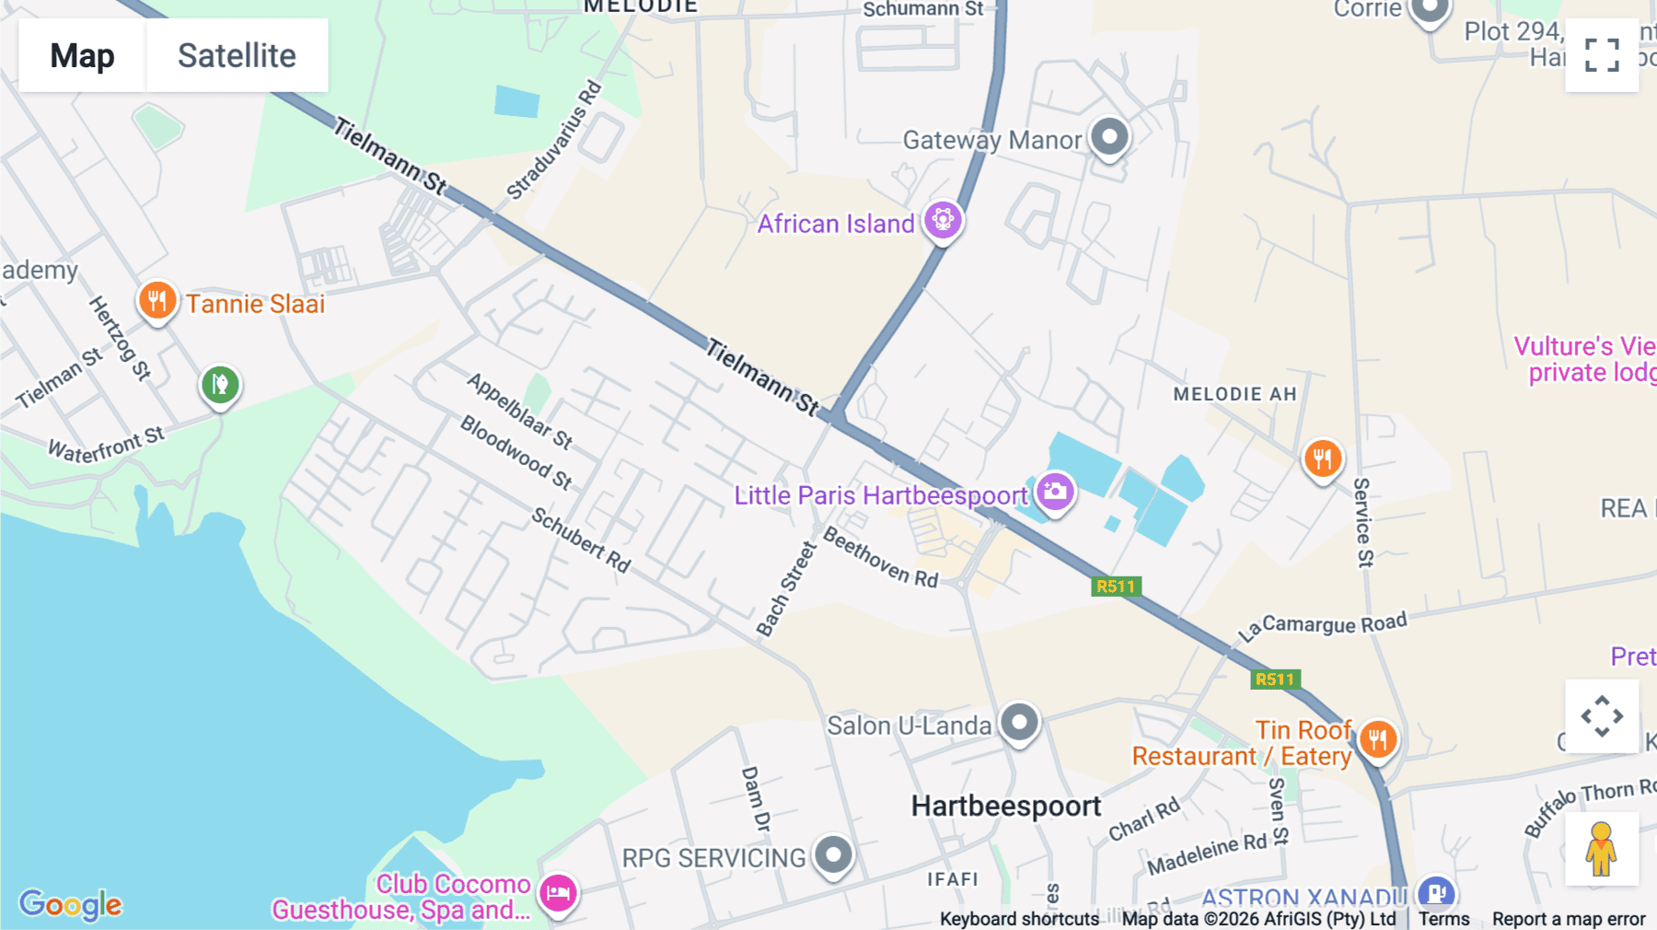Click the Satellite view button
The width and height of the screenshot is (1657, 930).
pos(237,55)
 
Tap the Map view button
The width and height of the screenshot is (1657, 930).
pos(82,55)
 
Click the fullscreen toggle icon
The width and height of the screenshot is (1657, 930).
pos(1602,55)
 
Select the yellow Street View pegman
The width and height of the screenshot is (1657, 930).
pos(1601,848)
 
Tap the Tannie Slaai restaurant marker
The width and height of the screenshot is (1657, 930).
pos(157,300)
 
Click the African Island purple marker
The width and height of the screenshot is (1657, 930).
pos(942,221)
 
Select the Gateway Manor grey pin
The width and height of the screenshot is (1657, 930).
pos(1109,138)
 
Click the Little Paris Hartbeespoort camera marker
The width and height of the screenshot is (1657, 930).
pos(1055,492)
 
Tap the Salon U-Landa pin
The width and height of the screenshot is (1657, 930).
pos(1019,723)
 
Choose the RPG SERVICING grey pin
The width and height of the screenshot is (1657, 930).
pos(834,855)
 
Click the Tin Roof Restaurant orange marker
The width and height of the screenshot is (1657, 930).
pos(1377,738)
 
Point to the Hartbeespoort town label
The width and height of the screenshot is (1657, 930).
pos(1005,807)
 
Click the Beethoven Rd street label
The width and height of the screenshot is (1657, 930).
pos(880,557)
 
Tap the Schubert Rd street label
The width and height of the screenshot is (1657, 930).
pos(581,541)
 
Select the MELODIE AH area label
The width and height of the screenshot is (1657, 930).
pos(1234,394)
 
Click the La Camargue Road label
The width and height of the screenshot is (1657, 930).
pos(1322,626)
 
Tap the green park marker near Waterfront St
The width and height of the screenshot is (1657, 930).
pos(220,384)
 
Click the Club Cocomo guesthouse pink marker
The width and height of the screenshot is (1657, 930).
pos(558,892)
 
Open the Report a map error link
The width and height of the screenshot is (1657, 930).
pos(1568,919)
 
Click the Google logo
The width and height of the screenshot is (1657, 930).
pos(71,904)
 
